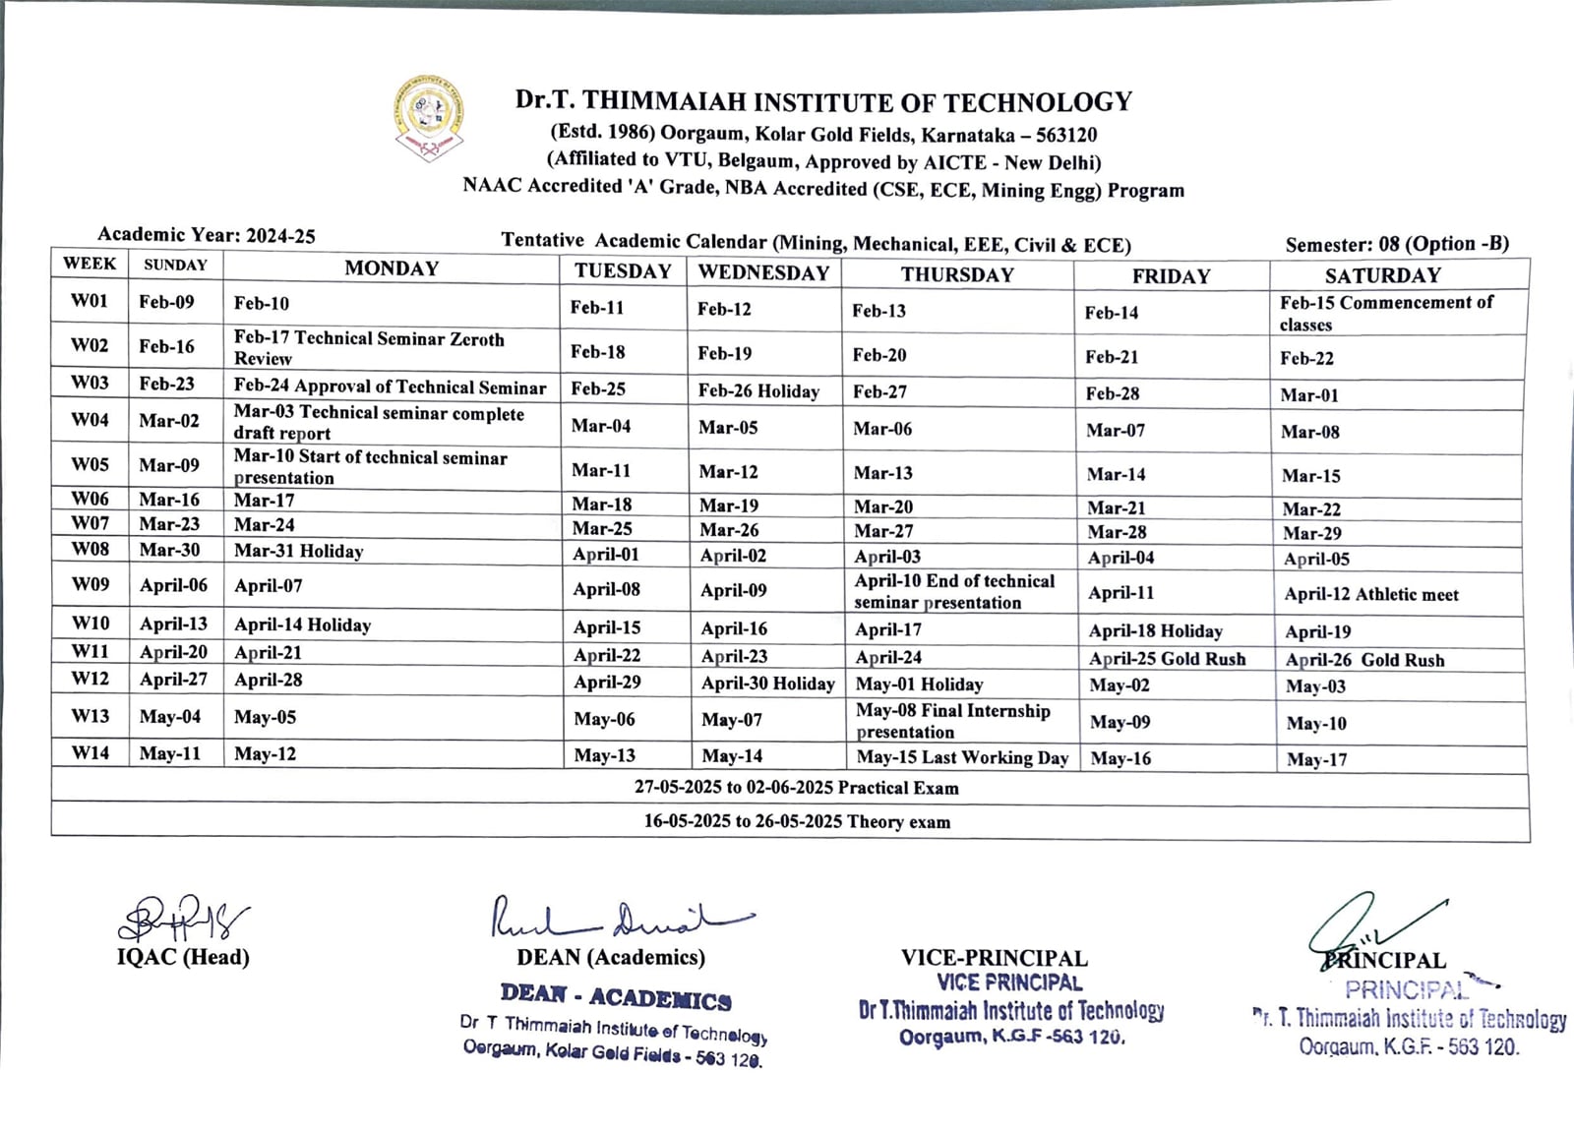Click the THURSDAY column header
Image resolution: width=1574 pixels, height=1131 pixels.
coord(957,274)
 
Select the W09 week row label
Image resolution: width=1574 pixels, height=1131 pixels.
coord(90,584)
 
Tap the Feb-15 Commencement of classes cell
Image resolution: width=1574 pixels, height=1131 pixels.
coord(1386,314)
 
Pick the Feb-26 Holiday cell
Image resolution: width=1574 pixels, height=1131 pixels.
coord(758,391)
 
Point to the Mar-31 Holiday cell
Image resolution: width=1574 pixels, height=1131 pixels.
coord(299,551)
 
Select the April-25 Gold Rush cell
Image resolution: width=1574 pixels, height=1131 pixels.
coord(1167,659)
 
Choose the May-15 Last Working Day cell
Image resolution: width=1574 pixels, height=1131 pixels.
coord(961,757)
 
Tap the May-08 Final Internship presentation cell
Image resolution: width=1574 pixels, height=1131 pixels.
coord(952,721)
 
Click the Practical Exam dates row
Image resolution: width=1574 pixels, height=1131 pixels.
coord(796,788)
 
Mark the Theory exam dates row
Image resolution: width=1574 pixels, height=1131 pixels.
coord(797,821)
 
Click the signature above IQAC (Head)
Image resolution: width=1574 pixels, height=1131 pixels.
coord(183,919)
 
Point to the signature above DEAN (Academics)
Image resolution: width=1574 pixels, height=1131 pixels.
coord(620,919)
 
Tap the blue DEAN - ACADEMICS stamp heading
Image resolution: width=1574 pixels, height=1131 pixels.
coord(616,997)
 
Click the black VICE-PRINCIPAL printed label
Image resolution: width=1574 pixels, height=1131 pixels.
coord(994,958)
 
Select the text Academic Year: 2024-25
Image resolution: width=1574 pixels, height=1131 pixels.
coord(207,235)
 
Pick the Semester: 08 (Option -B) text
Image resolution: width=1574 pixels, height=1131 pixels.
coord(1396,244)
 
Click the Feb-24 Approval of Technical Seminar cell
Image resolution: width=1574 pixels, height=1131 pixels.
coord(390,387)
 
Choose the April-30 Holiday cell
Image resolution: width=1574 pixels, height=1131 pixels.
coord(767,684)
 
